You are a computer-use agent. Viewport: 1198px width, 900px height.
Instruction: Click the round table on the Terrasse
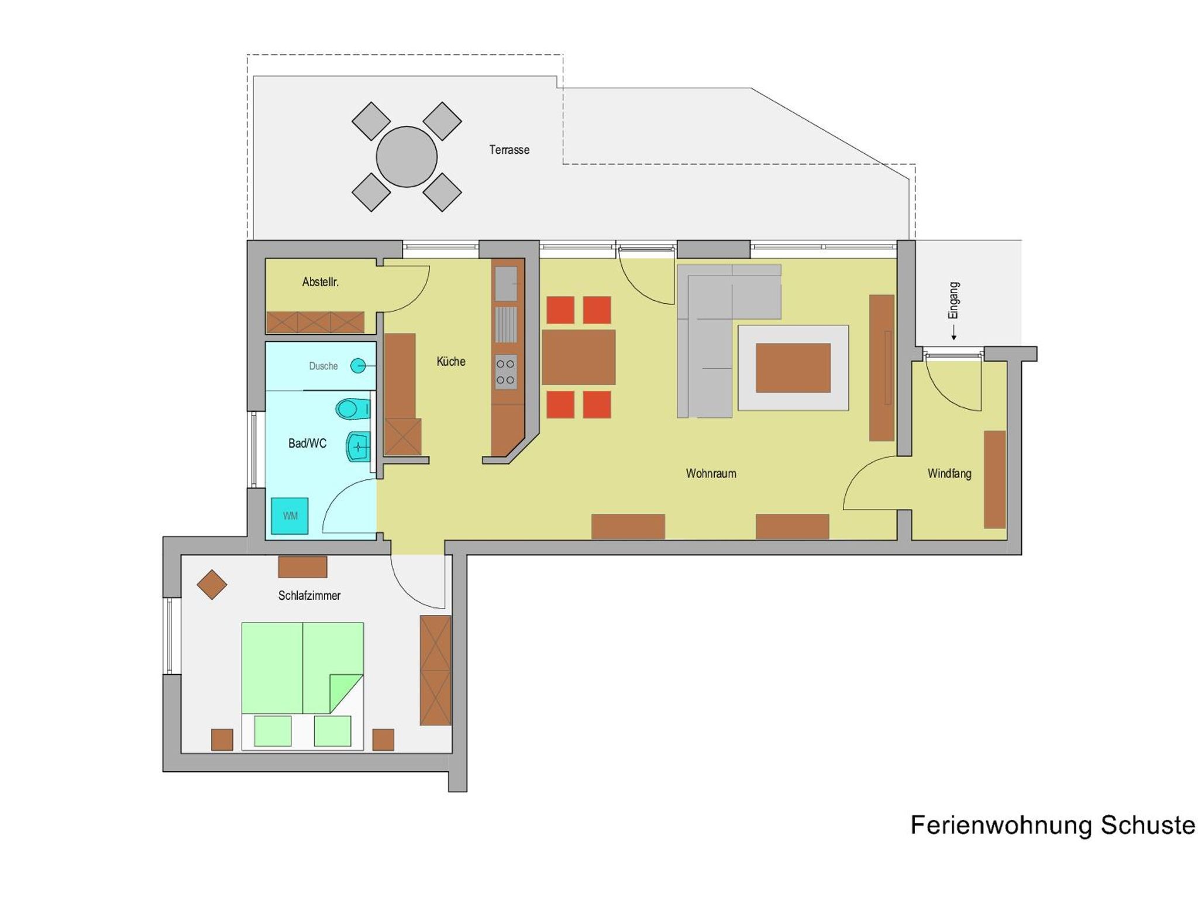point(407,157)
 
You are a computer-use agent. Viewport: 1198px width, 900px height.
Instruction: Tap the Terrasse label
point(510,150)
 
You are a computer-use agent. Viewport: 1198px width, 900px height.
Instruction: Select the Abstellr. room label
point(321,282)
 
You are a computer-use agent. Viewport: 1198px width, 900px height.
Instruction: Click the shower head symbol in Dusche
point(358,366)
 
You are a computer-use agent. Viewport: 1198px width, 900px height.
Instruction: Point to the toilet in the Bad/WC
point(353,408)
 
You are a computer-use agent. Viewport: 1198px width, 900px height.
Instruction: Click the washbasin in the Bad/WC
point(358,446)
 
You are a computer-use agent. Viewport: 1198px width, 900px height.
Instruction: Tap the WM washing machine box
point(290,516)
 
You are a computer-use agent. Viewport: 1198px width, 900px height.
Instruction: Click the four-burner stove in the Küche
point(506,372)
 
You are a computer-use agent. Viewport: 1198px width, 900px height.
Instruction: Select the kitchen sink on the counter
point(507,284)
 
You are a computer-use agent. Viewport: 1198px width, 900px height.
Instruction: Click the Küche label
point(451,362)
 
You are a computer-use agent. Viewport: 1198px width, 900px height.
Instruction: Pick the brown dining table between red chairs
point(579,357)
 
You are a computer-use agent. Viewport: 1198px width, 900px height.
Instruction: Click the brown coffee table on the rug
point(793,368)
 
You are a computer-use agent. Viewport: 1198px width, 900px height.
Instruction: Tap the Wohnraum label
point(711,473)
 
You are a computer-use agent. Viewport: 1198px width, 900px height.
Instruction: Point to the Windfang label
point(949,473)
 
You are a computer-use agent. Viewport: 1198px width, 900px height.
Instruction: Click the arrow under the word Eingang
point(953,333)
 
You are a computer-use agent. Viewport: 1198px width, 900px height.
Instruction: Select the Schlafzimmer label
point(309,596)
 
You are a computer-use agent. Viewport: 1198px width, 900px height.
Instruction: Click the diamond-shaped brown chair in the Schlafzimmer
point(212,585)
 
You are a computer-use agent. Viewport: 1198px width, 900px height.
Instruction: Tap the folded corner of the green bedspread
point(346,693)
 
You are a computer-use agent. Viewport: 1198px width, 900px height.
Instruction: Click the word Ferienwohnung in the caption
point(1001,825)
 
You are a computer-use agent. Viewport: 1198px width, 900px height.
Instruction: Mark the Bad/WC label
point(307,444)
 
